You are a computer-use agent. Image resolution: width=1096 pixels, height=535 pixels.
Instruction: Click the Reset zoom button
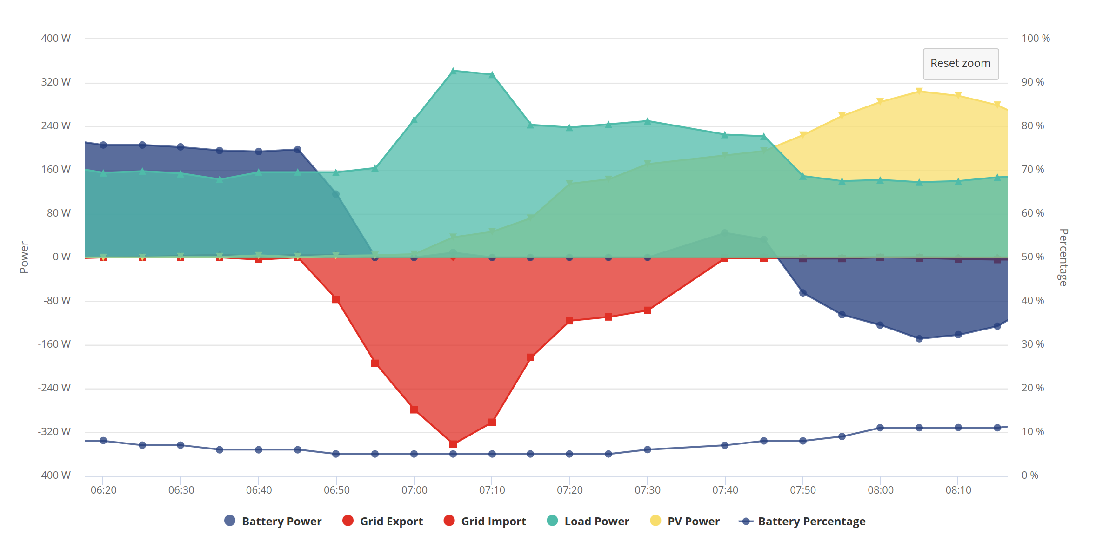click(961, 64)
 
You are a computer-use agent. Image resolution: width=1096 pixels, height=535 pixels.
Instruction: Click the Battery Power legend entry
click(273, 521)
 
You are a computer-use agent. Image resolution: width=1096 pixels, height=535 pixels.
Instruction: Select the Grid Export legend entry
click(382, 521)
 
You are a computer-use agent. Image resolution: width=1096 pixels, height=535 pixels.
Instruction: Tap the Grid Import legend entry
click(485, 521)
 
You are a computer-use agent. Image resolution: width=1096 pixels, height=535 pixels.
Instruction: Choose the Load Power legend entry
click(588, 521)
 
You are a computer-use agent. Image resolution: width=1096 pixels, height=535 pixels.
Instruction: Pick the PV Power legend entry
click(685, 521)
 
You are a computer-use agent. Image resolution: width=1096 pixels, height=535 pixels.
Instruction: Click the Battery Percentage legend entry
click(802, 521)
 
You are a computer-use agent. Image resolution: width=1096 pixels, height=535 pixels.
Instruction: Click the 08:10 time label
click(958, 490)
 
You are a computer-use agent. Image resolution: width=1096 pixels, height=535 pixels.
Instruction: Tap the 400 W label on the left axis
click(56, 38)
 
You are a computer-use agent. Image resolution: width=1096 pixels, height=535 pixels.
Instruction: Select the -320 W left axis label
click(54, 431)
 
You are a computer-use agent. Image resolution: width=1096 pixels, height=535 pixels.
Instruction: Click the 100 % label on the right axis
click(1036, 38)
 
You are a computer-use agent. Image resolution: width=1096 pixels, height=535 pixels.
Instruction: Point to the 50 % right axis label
click(1033, 257)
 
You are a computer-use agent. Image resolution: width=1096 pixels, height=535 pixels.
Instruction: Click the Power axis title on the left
click(24, 257)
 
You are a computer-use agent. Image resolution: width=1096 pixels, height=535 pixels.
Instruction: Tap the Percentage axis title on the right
click(1063, 257)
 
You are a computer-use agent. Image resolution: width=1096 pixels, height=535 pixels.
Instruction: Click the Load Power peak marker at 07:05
click(454, 71)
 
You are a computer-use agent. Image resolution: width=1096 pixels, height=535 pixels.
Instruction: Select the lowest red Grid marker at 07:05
click(454, 444)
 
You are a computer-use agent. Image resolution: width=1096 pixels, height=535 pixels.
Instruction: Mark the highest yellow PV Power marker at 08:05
click(919, 91)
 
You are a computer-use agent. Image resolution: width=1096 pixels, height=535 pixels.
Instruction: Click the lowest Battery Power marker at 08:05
click(919, 339)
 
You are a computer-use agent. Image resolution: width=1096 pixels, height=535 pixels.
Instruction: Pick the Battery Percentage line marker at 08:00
click(880, 428)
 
